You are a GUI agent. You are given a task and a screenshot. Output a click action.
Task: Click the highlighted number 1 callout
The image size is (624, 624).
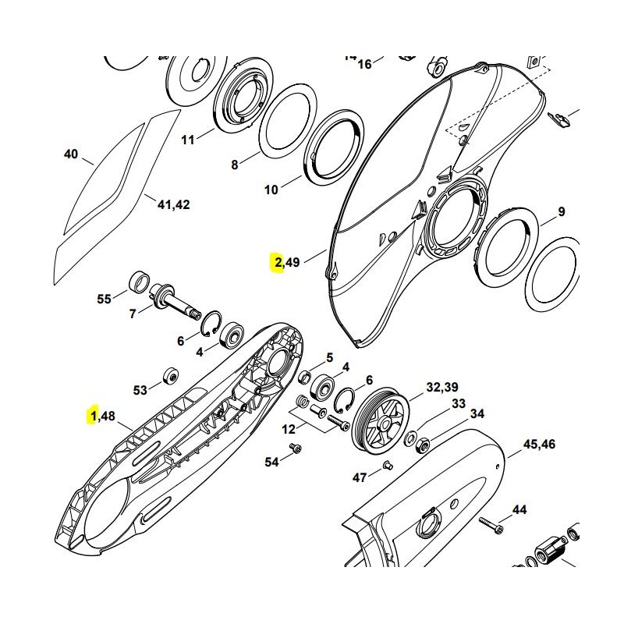(x=94, y=417)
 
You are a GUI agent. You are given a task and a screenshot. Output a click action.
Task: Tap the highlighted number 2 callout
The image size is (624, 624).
(x=278, y=262)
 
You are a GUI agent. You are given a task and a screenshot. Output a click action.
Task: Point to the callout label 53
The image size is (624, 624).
(x=140, y=389)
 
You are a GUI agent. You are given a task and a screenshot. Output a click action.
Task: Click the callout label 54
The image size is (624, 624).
(x=271, y=462)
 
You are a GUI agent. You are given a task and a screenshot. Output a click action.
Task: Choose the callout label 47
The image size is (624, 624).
(x=360, y=477)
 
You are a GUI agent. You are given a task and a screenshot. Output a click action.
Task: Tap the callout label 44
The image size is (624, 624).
(x=519, y=510)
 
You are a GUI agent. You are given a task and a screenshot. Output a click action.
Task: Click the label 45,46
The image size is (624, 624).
(x=539, y=444)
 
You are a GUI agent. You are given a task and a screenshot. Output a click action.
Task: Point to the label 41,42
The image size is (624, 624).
(x=173, y=204)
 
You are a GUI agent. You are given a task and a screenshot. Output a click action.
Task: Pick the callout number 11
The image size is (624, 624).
(x=188, y=140)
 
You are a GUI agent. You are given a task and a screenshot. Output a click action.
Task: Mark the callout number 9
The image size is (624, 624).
(x=562, y=211)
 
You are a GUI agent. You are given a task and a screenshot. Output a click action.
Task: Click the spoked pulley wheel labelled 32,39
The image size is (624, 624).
(x=381, y=422)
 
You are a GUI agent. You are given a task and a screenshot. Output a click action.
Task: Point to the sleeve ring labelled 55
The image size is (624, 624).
(x=140, y=279)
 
